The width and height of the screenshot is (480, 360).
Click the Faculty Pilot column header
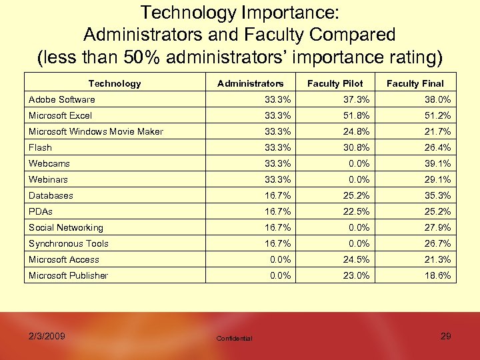[335, 83]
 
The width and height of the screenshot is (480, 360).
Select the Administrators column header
[250, 83]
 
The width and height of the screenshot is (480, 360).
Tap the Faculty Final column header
[415, 83]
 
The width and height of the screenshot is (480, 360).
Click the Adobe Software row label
[61, 100]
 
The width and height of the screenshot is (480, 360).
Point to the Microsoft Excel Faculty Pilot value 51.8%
[355, 115]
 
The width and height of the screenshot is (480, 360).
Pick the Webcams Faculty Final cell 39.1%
[437, 163]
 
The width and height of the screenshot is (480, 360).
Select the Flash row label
[40, 147]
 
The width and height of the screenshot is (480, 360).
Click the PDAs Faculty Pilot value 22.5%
[355, 211]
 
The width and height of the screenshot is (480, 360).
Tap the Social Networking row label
[65, 227]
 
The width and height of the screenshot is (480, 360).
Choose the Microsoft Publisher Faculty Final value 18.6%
[437, 275]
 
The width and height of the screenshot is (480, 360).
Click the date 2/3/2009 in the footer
[47, 336]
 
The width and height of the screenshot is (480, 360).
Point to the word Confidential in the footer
[234, 339]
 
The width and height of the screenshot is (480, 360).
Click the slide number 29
[445, 336]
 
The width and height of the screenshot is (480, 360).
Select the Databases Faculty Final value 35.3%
[437, 195]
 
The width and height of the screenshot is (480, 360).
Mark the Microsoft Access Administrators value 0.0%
[279, 259]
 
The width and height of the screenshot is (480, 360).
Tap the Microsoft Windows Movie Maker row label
[95, 131]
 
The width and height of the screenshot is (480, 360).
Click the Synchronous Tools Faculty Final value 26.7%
[437, 243]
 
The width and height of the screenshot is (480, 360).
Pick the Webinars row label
[48, 179]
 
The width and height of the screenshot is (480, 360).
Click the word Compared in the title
[347, 34]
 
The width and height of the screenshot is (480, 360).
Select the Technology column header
[115, 83]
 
